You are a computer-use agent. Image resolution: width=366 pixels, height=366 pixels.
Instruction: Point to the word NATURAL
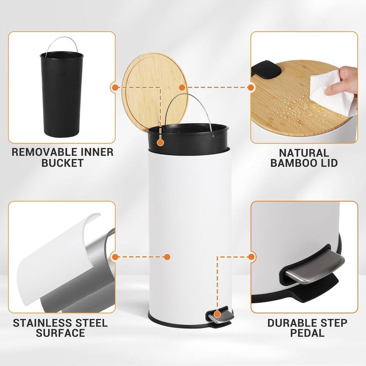(304, 153)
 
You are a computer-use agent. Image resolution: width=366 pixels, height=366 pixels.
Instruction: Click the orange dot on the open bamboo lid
(182, 87)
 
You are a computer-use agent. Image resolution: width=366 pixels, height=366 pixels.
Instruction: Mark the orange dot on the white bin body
(167, 257)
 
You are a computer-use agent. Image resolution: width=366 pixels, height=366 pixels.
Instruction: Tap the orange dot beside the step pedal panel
(251, 257)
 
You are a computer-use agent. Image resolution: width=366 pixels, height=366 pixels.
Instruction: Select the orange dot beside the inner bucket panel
(114, 87)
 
